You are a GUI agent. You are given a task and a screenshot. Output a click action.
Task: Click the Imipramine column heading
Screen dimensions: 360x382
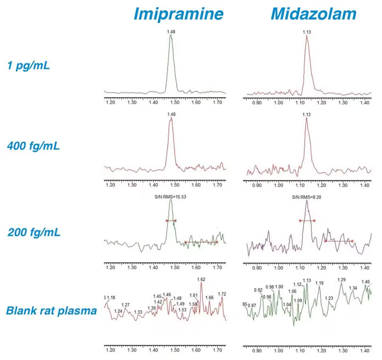point(178,14)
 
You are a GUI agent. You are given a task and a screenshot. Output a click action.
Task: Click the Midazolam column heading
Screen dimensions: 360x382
point(313,14)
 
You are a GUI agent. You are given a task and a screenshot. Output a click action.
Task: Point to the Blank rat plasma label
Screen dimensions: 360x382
point(51,311)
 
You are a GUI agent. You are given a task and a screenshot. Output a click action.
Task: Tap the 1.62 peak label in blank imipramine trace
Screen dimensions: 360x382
point(201,280)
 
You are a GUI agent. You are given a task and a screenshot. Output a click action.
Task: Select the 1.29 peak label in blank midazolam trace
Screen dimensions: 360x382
point(342,280)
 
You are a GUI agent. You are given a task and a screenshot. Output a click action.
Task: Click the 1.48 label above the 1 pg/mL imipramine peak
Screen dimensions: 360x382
point(171,31)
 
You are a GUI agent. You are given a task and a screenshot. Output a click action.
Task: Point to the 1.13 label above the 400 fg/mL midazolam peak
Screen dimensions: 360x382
point(307,115)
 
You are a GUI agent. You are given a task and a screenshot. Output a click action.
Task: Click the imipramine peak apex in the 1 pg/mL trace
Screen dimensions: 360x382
point(171,35)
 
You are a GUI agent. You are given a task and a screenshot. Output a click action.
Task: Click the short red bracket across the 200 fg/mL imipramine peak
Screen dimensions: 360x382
point(171,220)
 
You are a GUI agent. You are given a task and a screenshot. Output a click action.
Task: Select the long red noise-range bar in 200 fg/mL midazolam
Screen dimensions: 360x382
point(339,241)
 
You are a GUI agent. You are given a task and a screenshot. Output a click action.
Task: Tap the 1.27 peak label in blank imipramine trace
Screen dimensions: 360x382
point(126,305)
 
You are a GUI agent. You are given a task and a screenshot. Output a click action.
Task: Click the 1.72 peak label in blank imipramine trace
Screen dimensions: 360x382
point(222,294)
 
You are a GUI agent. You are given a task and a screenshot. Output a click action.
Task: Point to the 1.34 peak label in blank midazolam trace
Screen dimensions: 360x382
point(353,288)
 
